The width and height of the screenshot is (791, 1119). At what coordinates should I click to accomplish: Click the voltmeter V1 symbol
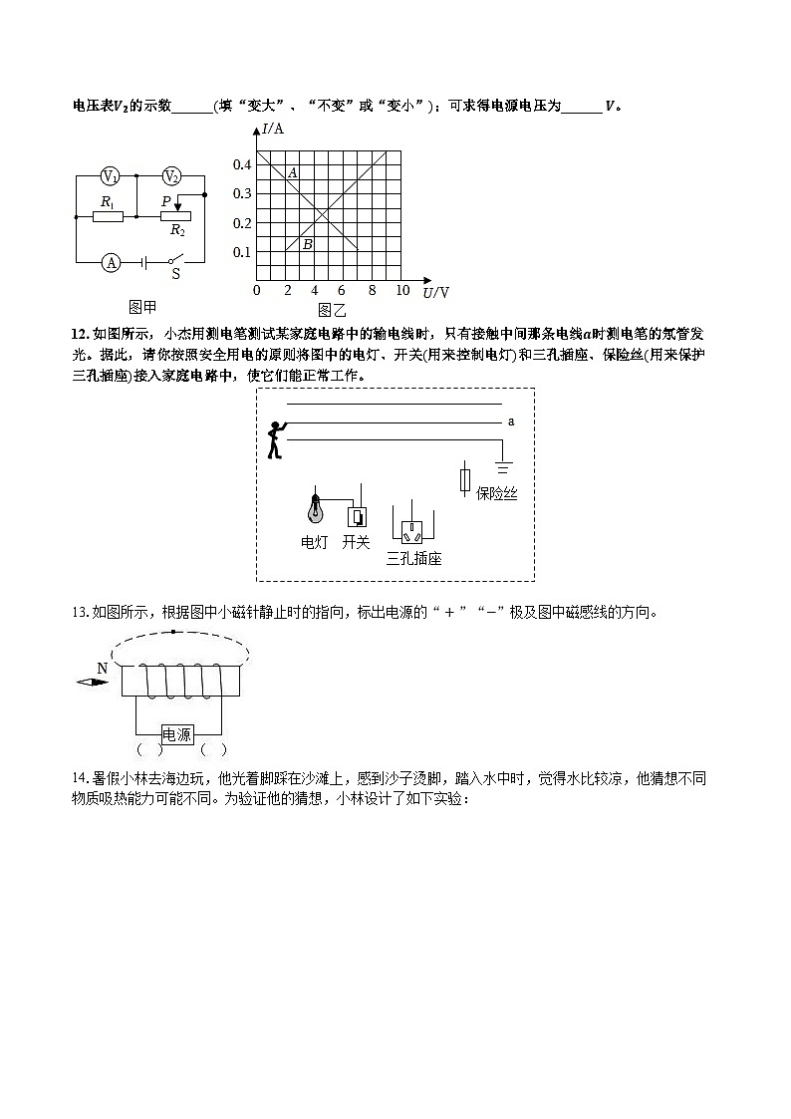[x=111, y=176]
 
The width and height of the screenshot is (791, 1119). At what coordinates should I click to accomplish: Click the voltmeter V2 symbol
[x=171, y=176]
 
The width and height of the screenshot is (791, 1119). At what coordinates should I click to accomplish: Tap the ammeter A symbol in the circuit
[x=112, y=262]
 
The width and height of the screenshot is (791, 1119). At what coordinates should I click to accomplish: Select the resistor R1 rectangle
[x=108, y=214]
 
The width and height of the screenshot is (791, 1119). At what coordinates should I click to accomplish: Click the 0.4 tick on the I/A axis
[x=242, y=164]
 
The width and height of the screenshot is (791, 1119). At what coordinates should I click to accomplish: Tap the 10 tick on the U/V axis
[x=402, y=290]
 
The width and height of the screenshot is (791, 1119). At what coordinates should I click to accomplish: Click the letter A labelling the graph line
[x=292, y=173]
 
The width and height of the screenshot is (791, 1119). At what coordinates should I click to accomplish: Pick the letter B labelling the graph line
[x=307, y=244]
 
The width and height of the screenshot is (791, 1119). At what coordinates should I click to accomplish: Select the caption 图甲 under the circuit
[x=142, y=306]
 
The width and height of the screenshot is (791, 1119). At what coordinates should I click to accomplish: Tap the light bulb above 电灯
[x=316, y=508]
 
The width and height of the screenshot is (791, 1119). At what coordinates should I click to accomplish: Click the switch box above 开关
[x=357, y=516]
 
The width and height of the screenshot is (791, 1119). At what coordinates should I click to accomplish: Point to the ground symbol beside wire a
[x=503, y=465]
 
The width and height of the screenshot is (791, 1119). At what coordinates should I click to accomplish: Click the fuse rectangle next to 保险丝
[x=464, y=479]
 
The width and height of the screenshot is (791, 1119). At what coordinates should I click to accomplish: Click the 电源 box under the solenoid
[x=177, y=734]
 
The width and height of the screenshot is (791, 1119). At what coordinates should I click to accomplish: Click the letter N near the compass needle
[x=102, y=668]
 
